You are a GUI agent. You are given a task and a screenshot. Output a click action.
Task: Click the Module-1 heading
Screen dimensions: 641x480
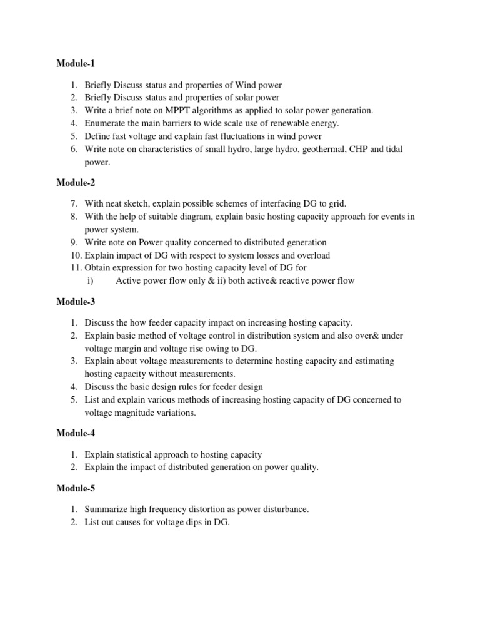coord(76,64)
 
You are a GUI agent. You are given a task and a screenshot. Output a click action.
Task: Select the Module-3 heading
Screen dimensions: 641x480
coord(76,302)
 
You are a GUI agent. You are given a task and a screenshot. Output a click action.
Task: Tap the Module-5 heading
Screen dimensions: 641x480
coord(76,488)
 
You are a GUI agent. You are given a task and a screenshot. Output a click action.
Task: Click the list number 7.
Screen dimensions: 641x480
coord(73,203)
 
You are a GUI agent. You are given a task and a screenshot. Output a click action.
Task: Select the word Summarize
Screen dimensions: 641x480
coord(106,510)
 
